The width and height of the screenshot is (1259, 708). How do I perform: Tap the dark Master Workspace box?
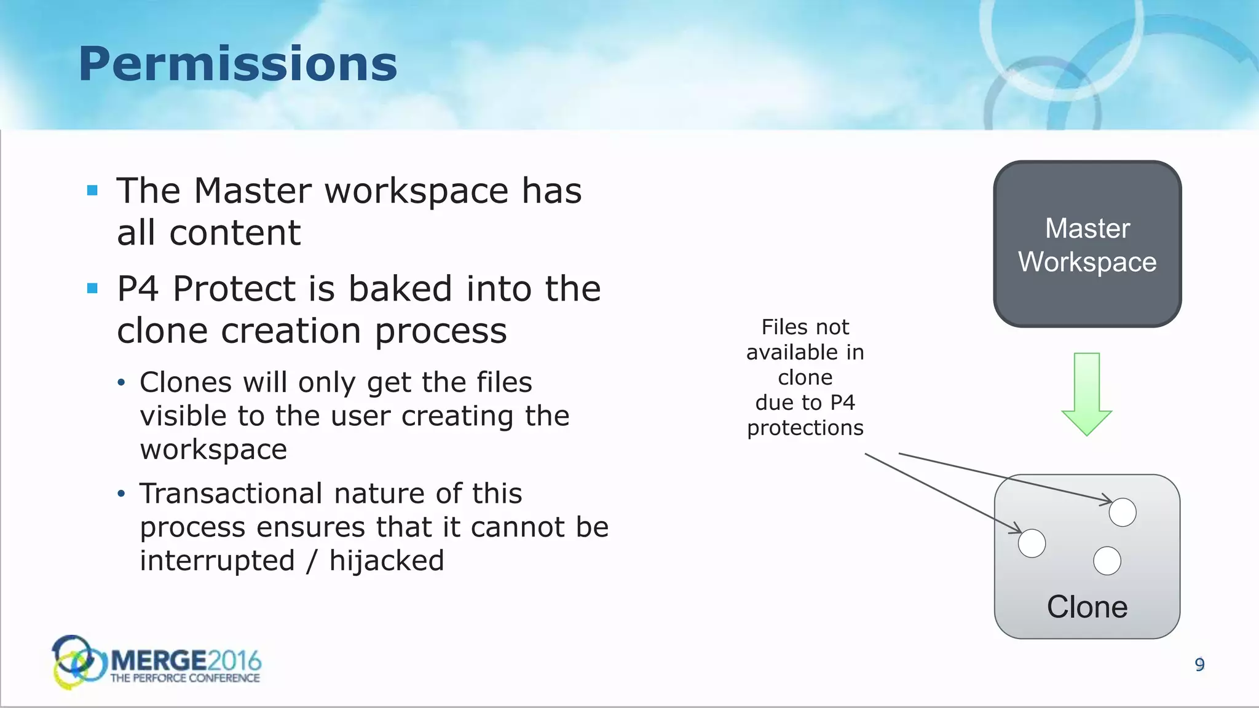coord(1087,244)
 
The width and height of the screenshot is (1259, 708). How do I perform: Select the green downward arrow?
coord(1087,394)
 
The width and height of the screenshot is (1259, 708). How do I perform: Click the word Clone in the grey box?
coord(1087,607)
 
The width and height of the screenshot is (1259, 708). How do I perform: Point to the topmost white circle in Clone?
coord(1122,512)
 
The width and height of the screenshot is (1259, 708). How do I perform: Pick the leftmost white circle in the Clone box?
coord(1032,543)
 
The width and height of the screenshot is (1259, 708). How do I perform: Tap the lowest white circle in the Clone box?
coord(1107,560)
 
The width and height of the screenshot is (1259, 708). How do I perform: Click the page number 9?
coord(1199,664)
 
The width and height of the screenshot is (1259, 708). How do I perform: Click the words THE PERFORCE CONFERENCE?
coord(185,678)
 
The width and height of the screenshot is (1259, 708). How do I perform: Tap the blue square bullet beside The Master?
coord(93,191)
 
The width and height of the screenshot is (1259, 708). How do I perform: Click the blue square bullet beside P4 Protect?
coord(93,288)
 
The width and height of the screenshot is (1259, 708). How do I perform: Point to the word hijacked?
coord(387,560)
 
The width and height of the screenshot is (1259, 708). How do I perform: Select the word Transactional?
coord(231,494)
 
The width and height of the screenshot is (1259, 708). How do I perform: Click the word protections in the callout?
coord(805,428)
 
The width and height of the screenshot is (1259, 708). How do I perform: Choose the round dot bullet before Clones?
coord(122,383)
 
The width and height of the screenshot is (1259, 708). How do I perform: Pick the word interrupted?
coord(218,560)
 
